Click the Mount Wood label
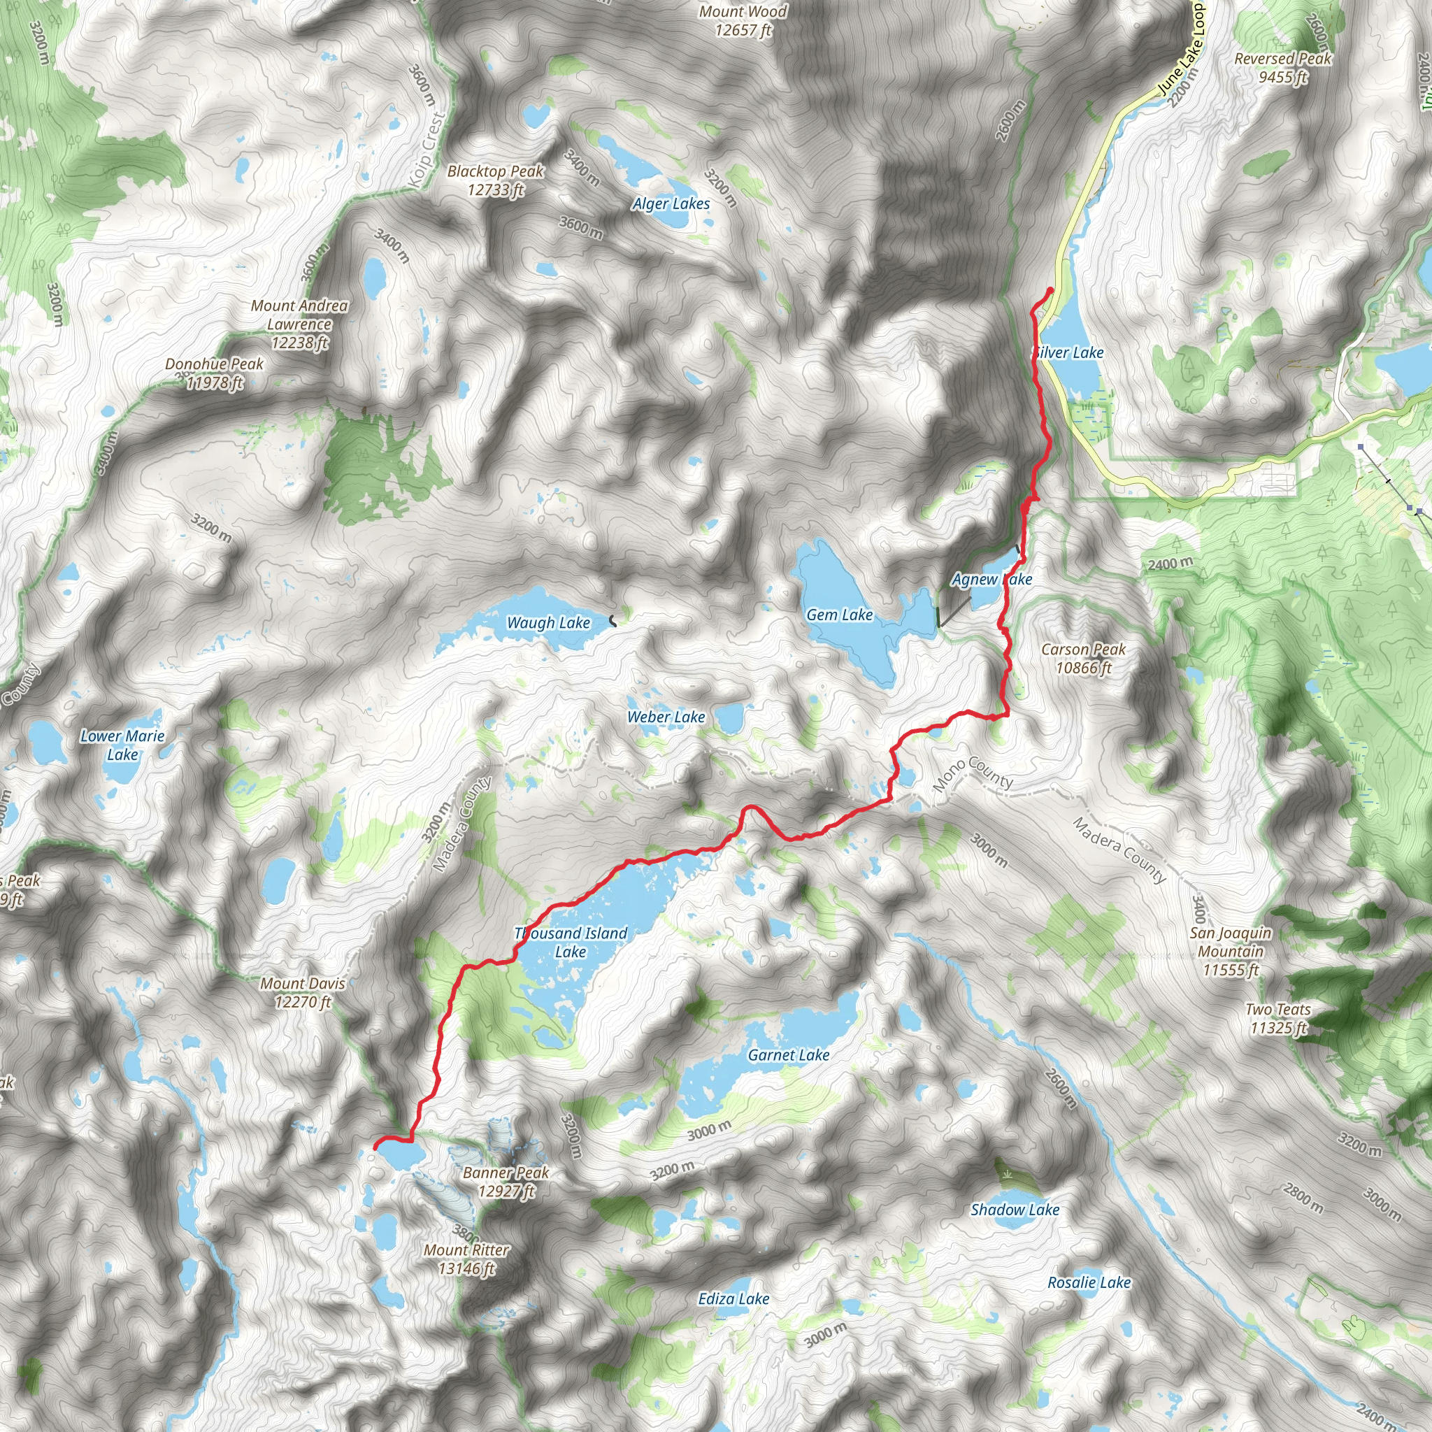743,21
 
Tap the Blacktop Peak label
495,180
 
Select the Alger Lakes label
671,204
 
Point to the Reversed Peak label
1283,67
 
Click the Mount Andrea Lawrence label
299,324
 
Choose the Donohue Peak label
214,373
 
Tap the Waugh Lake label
547,622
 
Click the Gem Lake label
839,615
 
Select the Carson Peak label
1083,658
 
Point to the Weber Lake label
666,717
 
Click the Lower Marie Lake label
122,745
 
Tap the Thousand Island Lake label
571,942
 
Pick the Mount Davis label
302,992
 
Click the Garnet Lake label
789,1054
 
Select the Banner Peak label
506,1182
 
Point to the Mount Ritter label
466,1259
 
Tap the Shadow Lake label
1015,1210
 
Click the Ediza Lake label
733,1298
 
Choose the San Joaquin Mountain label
1231,951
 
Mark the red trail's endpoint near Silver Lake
1050,289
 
